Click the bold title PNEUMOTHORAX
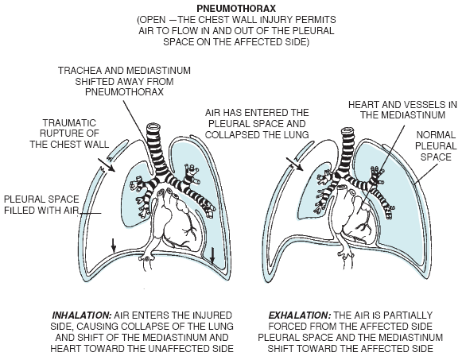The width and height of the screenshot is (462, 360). coord(236,8)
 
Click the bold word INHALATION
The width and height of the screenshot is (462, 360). coord(82,315)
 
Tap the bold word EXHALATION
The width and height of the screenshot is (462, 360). coord(299,315)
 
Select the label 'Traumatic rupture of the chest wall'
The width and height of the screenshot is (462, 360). coord(69,134)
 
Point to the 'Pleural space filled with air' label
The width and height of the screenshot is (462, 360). coord(41,205)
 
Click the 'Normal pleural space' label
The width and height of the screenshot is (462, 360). coord(436,146)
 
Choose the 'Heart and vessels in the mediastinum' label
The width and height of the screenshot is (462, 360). coord(402,110)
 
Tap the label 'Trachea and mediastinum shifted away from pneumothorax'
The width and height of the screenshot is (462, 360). coord(124,81)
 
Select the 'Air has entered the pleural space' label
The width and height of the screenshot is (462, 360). coord(257,124)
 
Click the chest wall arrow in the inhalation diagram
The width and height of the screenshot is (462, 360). coord(106,165)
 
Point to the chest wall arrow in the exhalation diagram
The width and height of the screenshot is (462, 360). coord(294,164)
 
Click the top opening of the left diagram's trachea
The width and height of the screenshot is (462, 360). coord(154,127)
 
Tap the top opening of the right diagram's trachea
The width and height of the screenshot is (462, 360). coord(347,131)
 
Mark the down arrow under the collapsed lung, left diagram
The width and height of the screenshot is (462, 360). coord(114,245)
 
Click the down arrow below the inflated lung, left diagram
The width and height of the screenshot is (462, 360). coord(212,255)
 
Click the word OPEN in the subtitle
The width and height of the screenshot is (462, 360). coord(153,20)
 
